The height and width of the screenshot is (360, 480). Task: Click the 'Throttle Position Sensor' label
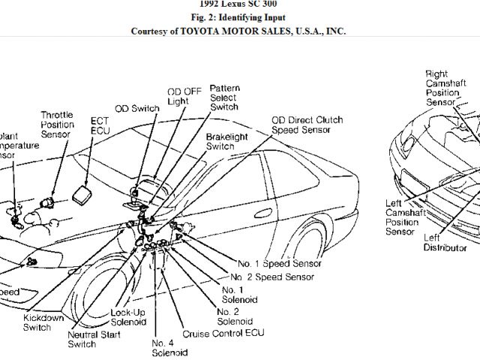pos(56,124)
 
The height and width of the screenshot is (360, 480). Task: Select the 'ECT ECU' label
pos(100,125)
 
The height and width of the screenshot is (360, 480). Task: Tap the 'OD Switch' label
pos(136,108)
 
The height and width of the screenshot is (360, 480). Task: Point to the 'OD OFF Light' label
pos(177,97)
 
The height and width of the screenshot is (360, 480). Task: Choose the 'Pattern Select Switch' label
pos(224,97)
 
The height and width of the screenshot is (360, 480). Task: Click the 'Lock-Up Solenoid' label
pos(128,317)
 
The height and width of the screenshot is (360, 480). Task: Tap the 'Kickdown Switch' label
pos(43,322)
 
